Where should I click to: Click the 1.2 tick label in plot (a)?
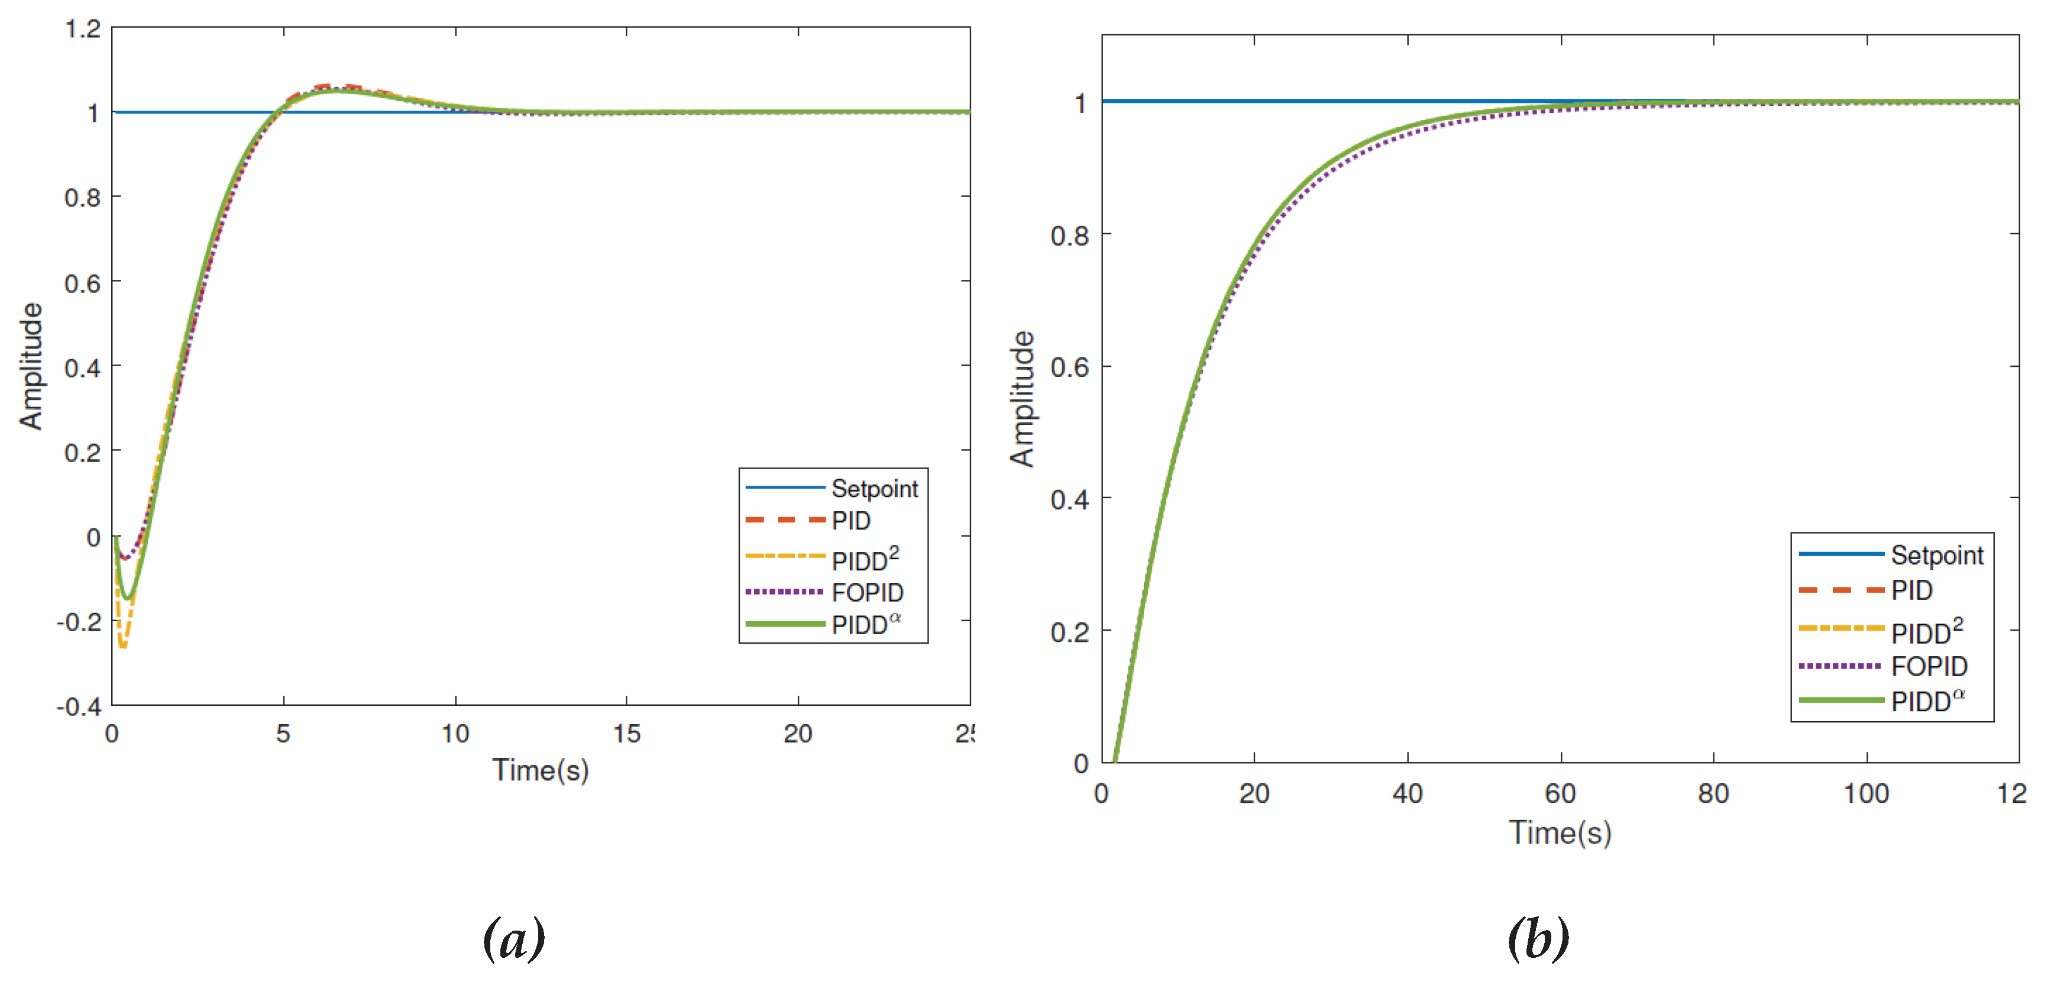83,30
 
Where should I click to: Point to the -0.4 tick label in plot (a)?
79,706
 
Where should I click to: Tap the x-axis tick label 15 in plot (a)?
627,734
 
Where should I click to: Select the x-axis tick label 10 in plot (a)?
455,734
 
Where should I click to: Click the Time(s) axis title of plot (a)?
541,770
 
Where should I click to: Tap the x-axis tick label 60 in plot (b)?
1560,793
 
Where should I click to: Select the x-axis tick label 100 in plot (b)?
1866,793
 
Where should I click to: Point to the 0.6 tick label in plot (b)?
1069,367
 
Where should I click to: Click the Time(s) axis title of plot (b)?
1560,832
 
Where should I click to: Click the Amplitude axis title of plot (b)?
1021,399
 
